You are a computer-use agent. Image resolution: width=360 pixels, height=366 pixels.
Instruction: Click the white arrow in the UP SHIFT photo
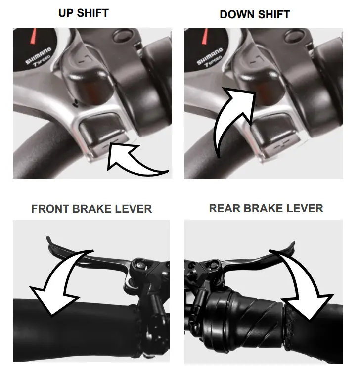pyautogui.click(x=134, y=158)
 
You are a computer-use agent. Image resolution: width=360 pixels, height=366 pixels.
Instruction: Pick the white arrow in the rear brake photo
pyautogui.click(x=297, y=282)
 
